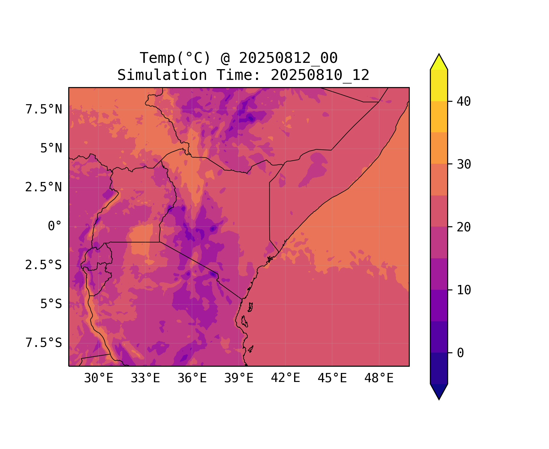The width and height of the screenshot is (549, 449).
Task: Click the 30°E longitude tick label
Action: [99, 378]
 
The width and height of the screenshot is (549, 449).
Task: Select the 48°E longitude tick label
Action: [379, 378]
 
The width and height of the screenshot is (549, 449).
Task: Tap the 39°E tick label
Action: [239, 378]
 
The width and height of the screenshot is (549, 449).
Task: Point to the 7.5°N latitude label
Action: [44, 110]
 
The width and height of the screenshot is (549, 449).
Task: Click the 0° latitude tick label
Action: [55, 226]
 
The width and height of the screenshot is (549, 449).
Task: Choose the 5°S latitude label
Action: [51, 304]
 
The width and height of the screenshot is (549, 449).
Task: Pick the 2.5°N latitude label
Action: [44, 187]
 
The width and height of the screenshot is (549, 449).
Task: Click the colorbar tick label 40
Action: [464, 101]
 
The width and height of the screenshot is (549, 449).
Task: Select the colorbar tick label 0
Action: [460, 353]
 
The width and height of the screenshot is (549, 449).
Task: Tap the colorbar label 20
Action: [464, 227]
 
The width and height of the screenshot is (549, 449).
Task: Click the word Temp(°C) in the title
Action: [175, 58]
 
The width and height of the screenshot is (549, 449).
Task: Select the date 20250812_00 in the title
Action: [288, 58]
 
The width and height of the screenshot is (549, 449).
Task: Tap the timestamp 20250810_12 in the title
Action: [320, 75]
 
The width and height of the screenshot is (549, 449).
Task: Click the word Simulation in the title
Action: [162, 75]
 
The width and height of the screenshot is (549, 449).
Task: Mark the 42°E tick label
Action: [285, 378]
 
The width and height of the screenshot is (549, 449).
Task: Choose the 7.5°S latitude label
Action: [44, 343]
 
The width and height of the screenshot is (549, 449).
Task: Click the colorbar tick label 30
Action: [464, 164]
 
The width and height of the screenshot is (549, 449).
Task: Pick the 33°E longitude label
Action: [145, 378]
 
